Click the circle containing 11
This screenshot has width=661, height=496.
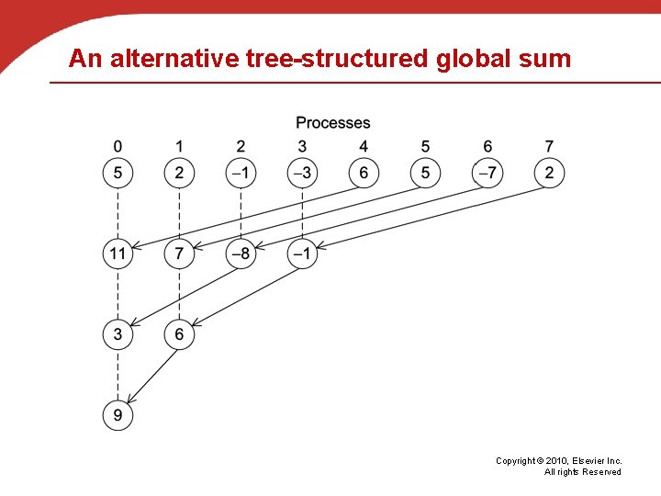(118, 254)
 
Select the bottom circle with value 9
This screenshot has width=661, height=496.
(118, 415)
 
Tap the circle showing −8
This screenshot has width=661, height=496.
(241, 254)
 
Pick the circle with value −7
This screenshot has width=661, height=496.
(487, 173)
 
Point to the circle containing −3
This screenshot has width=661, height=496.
(302, 173)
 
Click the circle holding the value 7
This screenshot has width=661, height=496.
(179, 254)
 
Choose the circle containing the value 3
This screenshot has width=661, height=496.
(118, 334)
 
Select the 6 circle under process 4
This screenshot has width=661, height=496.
(364, 173)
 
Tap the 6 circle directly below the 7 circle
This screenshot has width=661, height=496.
(179, 334)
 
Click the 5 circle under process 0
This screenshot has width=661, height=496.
(118, 173)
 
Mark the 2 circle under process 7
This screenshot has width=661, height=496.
(549, 173)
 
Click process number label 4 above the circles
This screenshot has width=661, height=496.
(364, 146)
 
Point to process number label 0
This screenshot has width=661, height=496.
(118, 146)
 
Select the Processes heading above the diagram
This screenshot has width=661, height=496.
(332, 123)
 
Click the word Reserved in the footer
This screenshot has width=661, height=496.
(601, 472)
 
